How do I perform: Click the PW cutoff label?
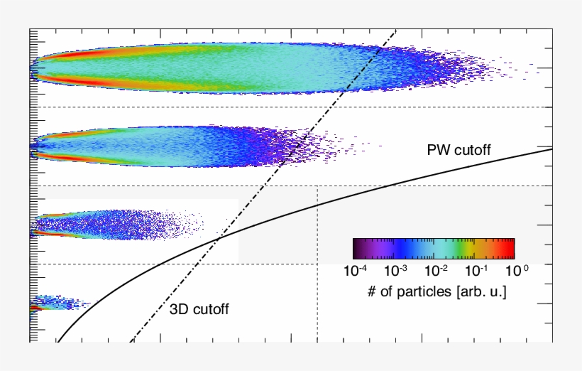point(459,150)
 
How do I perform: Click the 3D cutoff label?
point(199,309)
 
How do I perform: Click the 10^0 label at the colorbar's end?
point(515,270)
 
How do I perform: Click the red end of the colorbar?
point(510,248)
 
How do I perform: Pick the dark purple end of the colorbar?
point(358,248)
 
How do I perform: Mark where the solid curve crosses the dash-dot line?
point(218,238)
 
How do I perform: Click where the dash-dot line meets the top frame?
point(393,31)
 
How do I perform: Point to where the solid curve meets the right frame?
point(551,149)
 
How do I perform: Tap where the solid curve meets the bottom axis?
point(58,340)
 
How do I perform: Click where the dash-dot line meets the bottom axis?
point(131,340)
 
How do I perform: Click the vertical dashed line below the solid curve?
point(317,299)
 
